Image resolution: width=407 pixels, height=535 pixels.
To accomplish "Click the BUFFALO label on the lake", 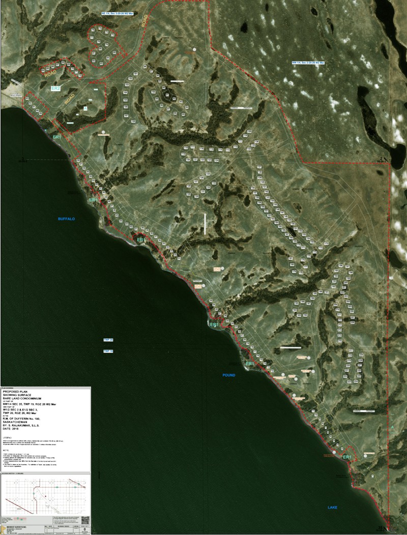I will pyautogui.click(x=66, y=219).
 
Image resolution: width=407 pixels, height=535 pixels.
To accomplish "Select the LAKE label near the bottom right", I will pyautogui.click(x=332, y=508).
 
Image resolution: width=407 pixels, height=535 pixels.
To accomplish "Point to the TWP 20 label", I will pyautogui.click(x=108, y=339).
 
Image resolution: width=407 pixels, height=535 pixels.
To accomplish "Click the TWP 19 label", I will pyautogui.click(x=108, y=351).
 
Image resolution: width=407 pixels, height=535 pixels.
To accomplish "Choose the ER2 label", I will pyautogui.click(x=56, y=88).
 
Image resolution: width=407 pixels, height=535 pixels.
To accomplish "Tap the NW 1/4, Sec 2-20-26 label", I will pyautogui.click(x=308, y=63).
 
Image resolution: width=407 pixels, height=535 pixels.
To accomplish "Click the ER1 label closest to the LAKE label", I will pyautogui.click(x=347, y=458).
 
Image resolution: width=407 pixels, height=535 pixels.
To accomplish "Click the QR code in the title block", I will pyautogui.click(x=85, y=520).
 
